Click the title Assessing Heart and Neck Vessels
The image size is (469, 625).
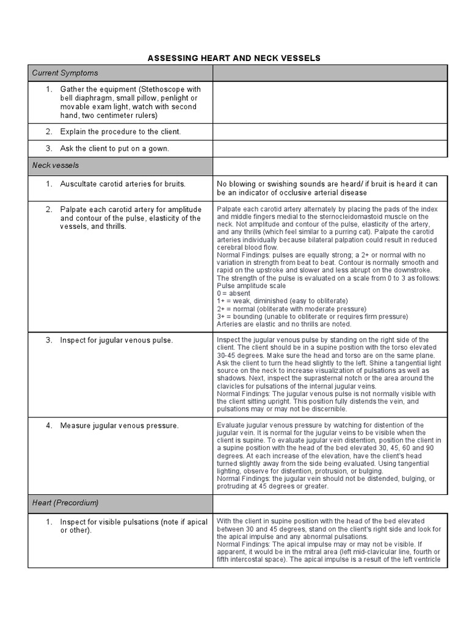coord(234,58)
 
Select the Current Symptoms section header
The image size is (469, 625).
coord(65,73)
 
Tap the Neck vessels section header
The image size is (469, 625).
coord(56,165)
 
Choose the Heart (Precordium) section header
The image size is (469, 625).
coord(65,504)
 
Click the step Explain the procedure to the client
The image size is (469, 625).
coord(120,132)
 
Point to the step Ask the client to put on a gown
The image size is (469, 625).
coord(114,149)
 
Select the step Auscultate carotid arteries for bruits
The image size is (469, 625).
coord(122,184)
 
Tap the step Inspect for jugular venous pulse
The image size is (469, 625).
coord(116,340)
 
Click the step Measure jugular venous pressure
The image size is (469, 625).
coord(119,425)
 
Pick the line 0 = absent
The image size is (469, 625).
coord(233,294)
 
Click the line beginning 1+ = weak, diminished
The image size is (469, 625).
coord(282,301)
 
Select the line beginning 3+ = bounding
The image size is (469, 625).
coord(312,316)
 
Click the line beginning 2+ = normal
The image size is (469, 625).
coord(291,309)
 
